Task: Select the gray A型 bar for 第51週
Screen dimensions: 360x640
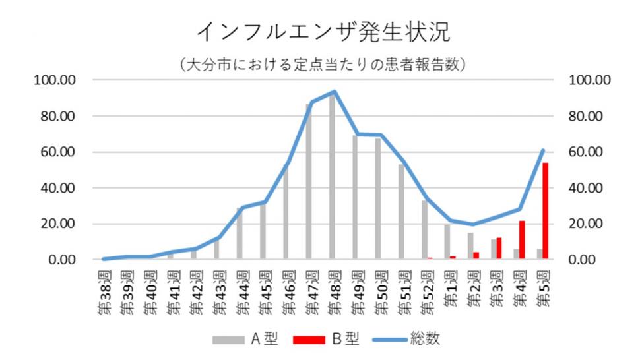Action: click(401, 212)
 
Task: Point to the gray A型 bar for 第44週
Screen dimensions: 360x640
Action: click(240, 234)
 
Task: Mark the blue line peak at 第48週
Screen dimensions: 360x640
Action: click(335, 92)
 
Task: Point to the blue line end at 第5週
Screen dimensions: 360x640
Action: click(543, 150)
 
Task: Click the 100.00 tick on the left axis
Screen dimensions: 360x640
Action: click(59, 80)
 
